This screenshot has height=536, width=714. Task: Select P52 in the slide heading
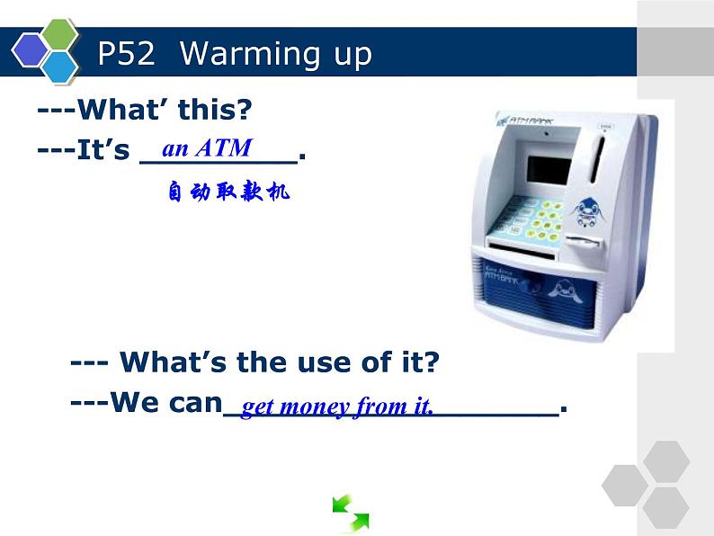(x=127, y=55)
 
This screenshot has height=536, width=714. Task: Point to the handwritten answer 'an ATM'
(x=207, y=148)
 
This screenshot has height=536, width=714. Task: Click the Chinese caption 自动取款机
(x=228, y=192)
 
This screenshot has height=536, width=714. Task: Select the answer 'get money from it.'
(x=338, y=407)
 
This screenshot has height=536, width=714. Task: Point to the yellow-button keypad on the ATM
(x=536, y=219)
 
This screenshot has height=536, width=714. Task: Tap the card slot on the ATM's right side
(x=584, y=243)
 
